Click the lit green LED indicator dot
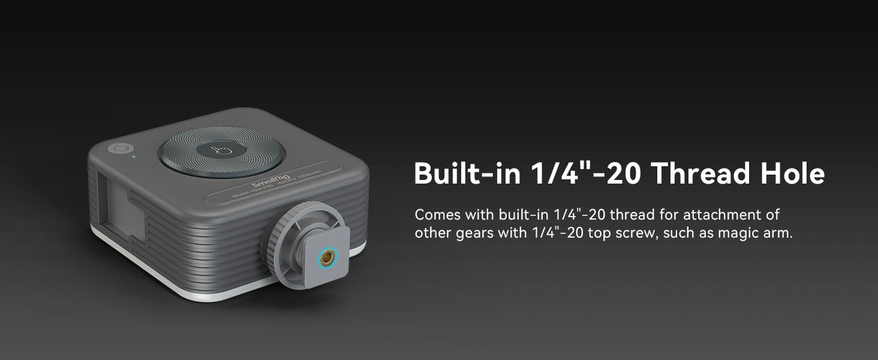pos(134,158)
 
